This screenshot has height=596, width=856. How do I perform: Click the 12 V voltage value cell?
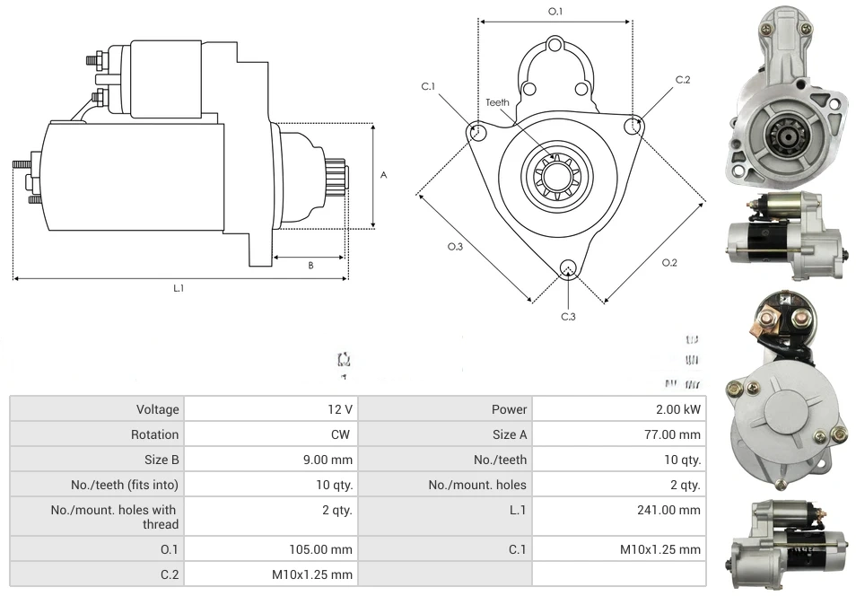tap(340, 409)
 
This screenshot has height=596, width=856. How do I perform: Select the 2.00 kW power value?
tap(680, 409)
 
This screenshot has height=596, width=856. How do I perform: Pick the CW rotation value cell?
tap(344, 434)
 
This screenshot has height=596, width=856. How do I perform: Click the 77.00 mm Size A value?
tap(673, 434)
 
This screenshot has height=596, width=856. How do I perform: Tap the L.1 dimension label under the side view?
tap(179, 288)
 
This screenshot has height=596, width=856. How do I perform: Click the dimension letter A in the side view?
tap(384, 176)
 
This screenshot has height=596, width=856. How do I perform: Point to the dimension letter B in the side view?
tap(310, 265)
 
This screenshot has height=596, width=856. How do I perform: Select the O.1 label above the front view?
tap(555, 11)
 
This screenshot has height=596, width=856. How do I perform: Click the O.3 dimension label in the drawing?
tap(455, 247)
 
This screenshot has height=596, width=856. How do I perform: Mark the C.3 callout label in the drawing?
tap(568, 316)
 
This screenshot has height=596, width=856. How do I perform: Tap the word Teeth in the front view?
tap(498, 102)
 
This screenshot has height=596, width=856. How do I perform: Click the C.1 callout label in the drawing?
tap(428, 86)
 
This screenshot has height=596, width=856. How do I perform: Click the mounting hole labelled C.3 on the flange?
tap(567, 268)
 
